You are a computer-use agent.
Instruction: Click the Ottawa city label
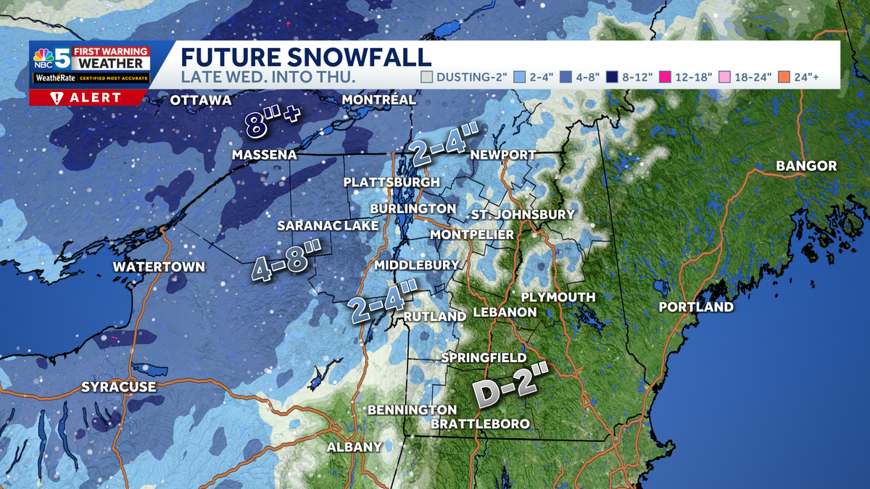tap(201, 100)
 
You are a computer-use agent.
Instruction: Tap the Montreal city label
tap(378, 99)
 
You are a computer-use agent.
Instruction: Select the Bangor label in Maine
tap(806, 166)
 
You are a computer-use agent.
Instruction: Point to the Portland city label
tap(695, 307)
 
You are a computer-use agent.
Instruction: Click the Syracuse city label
tap(118, 387)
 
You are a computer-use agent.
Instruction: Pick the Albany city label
tap(354, 447)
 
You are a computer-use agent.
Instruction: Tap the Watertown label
tap(159, 267)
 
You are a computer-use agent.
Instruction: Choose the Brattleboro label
tap(480, 424)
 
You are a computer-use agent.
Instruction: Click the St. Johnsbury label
tap(523, 214)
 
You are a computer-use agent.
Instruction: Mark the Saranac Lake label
tap(328, 226)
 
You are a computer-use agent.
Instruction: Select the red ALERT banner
tap(89, 98)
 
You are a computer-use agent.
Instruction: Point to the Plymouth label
tap(558, 297)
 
